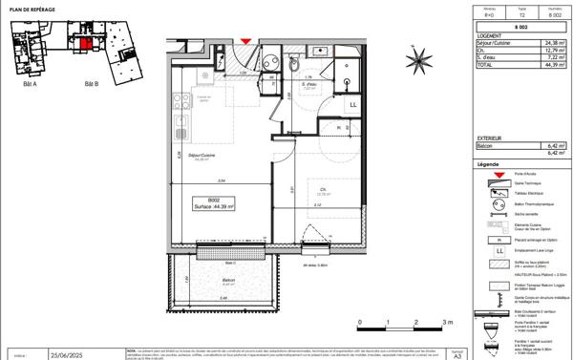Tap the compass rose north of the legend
pos(418,62)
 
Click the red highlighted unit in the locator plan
pos(84,43)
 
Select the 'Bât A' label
pos(29,85)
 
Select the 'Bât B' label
pos(92,85)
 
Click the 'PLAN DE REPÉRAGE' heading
pos(26,8)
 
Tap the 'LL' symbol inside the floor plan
pos(353,104)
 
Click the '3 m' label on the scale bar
pos(447,324)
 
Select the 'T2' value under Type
pos(521,16)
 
